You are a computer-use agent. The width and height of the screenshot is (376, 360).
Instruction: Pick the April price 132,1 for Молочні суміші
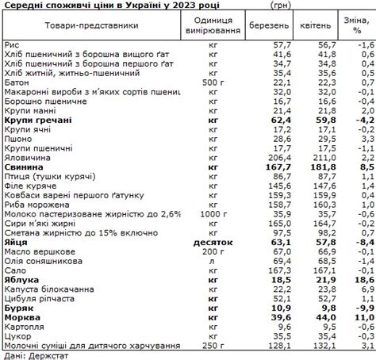[x=315, y=345]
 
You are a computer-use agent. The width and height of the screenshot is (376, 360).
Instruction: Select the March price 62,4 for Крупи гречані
[x=271, y=120]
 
